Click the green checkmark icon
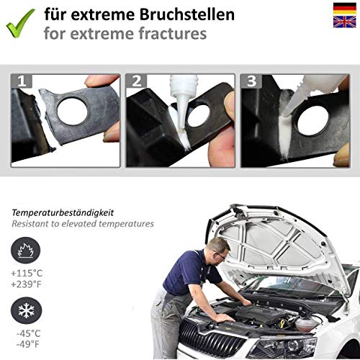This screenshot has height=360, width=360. tap(21, 22)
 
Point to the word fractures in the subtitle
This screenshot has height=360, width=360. tap(163, 32)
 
